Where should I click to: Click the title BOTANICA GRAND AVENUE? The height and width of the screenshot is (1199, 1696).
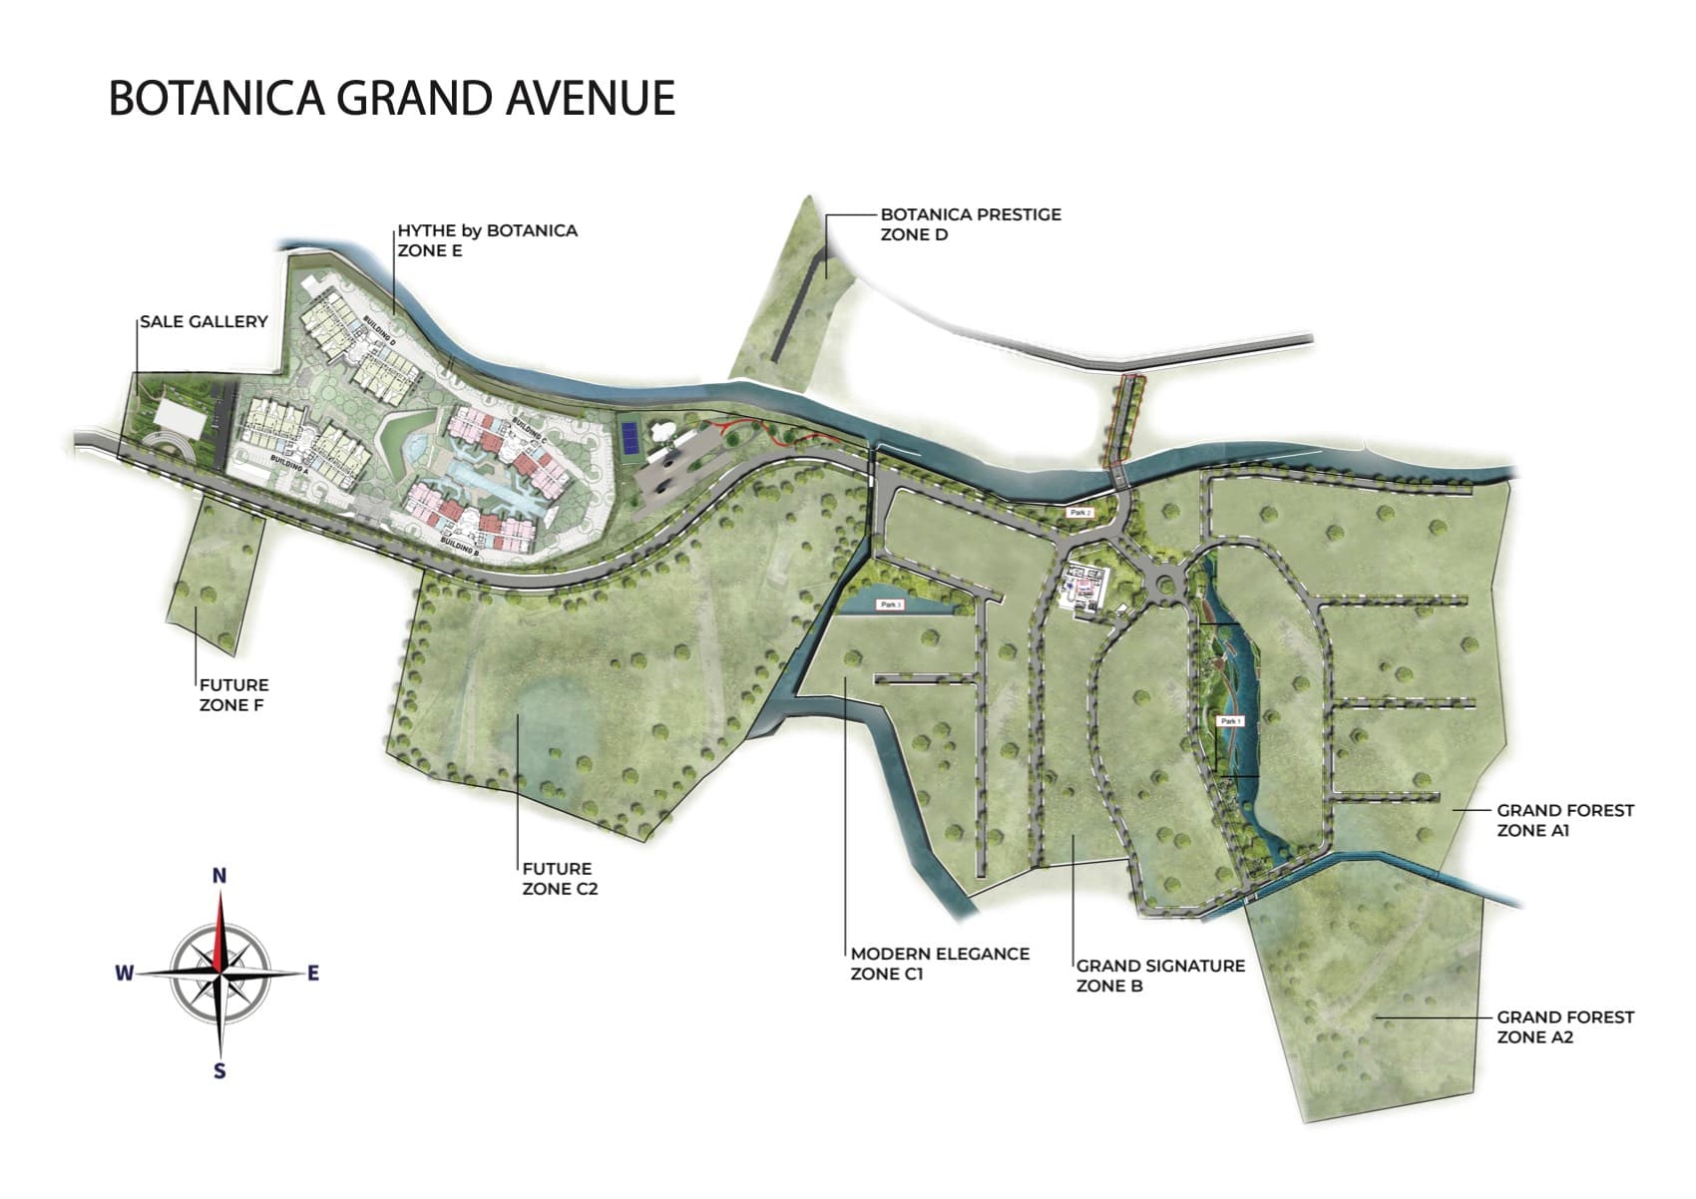point(391,99)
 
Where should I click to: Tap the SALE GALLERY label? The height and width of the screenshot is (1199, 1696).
point(204,321)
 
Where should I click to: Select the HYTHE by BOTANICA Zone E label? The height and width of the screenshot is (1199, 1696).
point(487,240)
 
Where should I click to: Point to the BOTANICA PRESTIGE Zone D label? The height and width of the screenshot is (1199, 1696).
point(970,224)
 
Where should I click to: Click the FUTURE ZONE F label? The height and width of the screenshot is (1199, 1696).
point(233,694)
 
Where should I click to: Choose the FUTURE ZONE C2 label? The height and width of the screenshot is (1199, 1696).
point(560,879)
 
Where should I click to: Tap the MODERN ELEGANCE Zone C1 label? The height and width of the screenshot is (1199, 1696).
point(939,964)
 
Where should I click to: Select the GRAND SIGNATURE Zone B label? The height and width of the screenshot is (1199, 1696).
point(1160,976)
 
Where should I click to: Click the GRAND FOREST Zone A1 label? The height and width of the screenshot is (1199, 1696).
point(1564,820)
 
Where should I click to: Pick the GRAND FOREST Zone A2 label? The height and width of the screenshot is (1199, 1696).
point(1564,1026)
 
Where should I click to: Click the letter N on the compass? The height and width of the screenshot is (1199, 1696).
point(219,876)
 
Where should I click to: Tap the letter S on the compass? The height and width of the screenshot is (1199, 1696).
point(219,1071)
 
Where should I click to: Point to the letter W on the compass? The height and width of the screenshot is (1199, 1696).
point(124,973)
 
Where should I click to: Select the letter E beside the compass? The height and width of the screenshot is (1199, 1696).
point(313,973)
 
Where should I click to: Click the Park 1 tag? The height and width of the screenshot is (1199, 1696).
point(1230,720)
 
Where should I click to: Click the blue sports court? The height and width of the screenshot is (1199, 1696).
point(630,435)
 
